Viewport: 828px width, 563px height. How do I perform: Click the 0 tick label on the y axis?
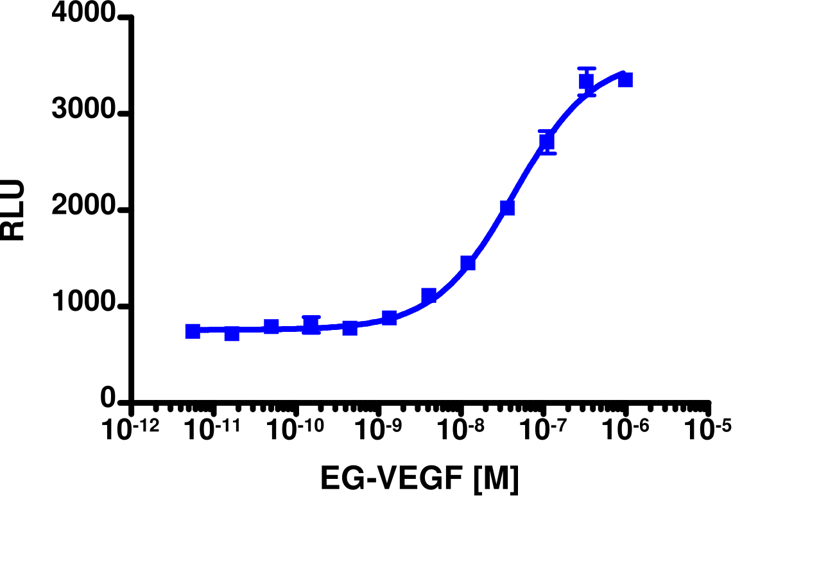pyautogui.click(x=108, y=399)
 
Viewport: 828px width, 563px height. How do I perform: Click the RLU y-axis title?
pyautogui.click(x=13, y=210)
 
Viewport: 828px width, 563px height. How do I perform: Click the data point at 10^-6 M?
pyautogui.click(x=625, y=80)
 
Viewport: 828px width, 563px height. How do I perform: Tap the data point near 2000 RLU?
pyautogui.click(x=507, y=207)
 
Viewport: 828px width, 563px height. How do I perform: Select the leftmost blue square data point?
pyautogui.click(x=193, y=331)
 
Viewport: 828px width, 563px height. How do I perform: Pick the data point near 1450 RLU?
pyautogui.click(x=467, y=263)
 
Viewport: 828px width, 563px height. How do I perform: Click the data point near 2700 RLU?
pyautogui.click(x=546, y=142)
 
